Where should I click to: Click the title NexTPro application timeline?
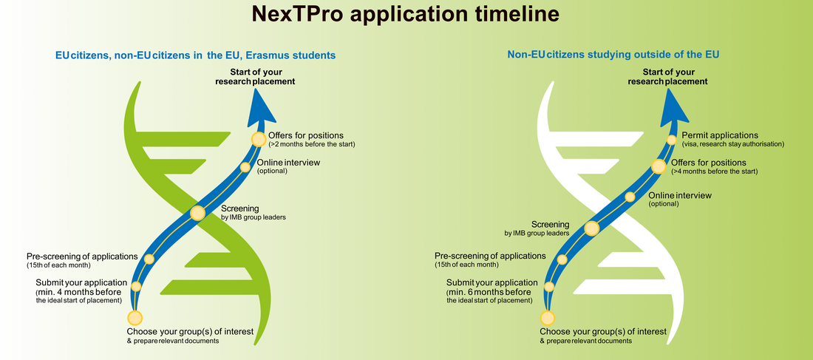(x=406, y=14)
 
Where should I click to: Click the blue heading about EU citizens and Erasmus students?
(x=196, y=55)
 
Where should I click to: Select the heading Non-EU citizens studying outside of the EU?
(x=613, y=54)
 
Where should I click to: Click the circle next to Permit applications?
(x=671, y=140)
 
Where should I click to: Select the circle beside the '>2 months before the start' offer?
(x=258, y=139)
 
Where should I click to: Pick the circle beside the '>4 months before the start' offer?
(x=659, y=166)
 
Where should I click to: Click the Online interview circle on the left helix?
(x=245, y=167)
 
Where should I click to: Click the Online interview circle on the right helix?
(x=630, y=197)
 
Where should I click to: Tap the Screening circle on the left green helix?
(x=197, y=213)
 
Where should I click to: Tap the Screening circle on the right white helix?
(x=591, y=228)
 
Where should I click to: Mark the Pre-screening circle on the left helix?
(x=149, y=259)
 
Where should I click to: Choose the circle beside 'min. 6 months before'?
(x=549, y=286)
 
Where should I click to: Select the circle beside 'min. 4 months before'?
(x=137, y=286)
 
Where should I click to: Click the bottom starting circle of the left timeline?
(x=135, y=318)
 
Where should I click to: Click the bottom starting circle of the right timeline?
(x=548, y=318)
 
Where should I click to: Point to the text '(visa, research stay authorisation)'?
(x=733, y=144)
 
